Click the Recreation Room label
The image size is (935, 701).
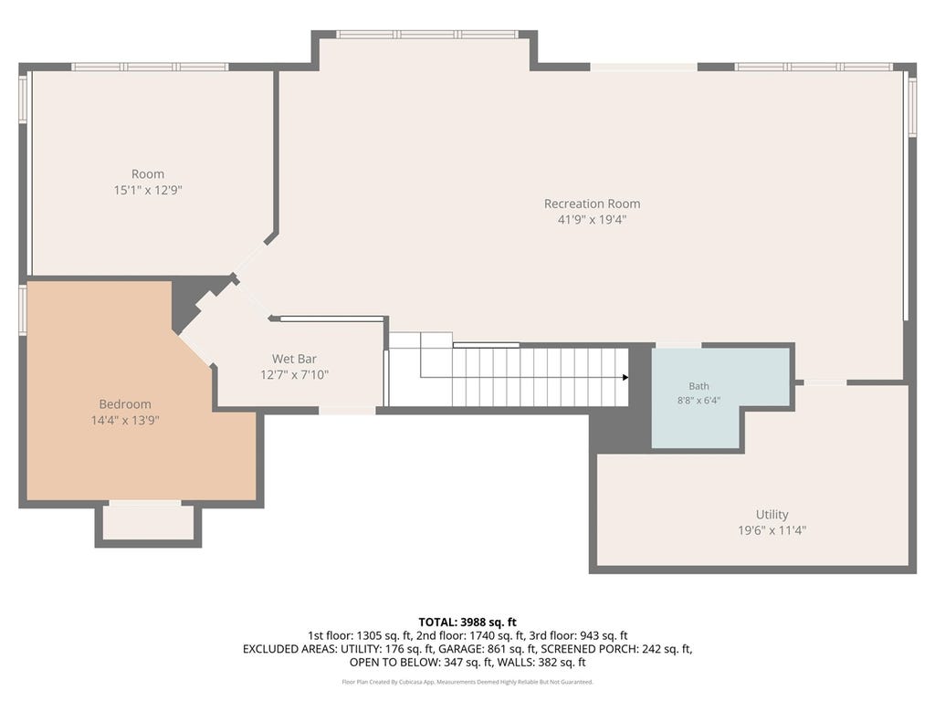[592, 204]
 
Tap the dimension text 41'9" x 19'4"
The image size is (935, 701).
[592, 220]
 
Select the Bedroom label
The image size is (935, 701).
[125, 404]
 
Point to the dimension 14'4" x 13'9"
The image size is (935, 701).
[125, 421]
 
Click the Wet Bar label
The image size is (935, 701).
[295, 359]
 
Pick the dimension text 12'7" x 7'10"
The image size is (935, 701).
[295, 375]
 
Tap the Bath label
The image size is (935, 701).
[699, 386]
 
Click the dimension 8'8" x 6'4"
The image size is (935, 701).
[699, 401]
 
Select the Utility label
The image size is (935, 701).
[772, 515]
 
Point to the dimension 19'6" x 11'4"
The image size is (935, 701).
[772, 530]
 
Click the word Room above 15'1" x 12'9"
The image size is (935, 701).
[148, 174]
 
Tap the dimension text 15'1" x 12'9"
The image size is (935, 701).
[148, 191]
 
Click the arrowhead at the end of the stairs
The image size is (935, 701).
[625, 377]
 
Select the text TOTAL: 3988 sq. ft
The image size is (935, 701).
[467, 623]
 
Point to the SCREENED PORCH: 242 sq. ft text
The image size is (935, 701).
[615, 649]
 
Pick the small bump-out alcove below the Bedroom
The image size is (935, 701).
[149, 523]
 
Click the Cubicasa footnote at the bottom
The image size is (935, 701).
[467, 682]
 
